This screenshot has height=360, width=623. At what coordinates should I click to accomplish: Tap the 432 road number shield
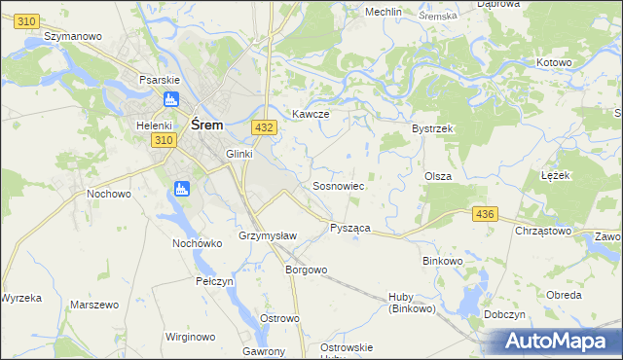[x=262, y=127]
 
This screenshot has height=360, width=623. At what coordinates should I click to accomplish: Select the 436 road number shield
[x=483, y=213]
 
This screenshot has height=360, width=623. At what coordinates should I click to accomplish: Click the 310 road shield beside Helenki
[x=164, y=141]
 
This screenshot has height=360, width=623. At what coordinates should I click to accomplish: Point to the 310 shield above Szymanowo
[x=27, y=20]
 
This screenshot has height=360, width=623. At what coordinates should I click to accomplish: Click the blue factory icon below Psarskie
[x=171, y=98]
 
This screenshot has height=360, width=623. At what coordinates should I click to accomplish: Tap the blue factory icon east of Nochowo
[x=181, y=189]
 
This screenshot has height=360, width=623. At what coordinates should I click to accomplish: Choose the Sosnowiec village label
[x=338, y=185]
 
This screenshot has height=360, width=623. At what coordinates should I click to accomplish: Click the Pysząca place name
[x=350, y=227]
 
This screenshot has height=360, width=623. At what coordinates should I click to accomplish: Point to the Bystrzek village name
[x=434, y=128]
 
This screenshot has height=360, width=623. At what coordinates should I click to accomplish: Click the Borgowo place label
[x=305, y=270]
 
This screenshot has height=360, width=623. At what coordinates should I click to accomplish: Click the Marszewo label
[x=94, y=305]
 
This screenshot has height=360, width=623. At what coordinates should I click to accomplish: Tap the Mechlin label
[x=383, y=12]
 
